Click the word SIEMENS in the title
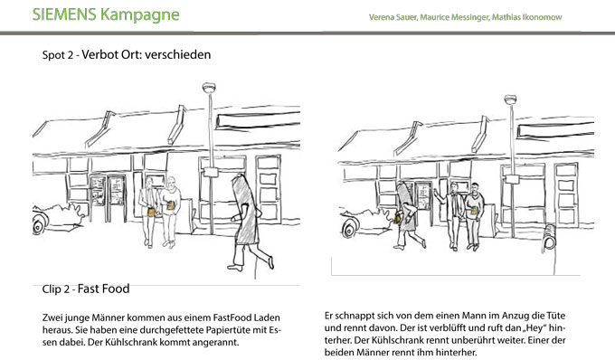tap(64, 14)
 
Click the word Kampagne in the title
tap(139, 15)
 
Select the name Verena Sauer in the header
tap(393, 17)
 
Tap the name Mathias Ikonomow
tap(526, 17)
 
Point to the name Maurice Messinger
tap(455, 17)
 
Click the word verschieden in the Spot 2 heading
tap(177, 54)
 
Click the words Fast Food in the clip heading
tap(103, 289)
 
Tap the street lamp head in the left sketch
tap(209, 88)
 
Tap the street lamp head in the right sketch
tap(510, 99)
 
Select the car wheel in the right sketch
tap(349, 229)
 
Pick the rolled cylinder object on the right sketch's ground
tap(550, 237)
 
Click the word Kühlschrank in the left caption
tap(128, 342)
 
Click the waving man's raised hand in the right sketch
tap(436, 192)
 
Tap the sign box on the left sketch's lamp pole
tap(211, 172)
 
